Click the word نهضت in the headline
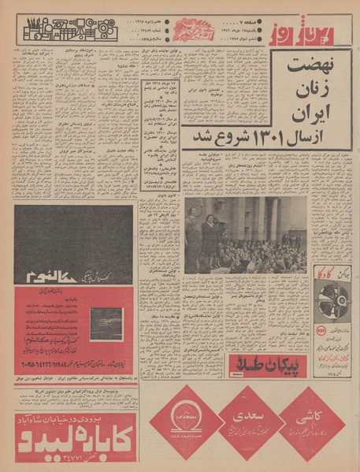pyautogui.click(x=310, y=65)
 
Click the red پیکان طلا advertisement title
pyautogui.click(x=262, y=362)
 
